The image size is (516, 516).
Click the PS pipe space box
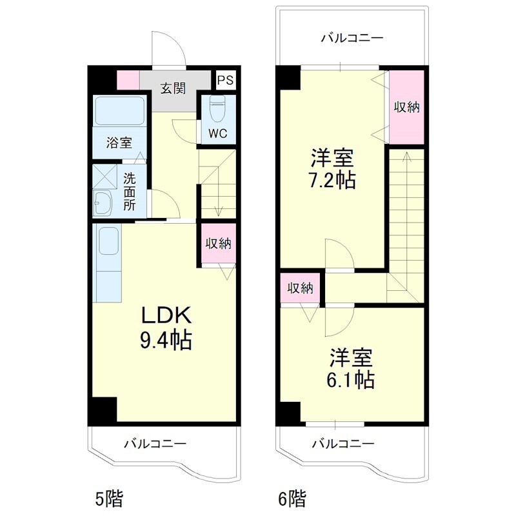point(226,80)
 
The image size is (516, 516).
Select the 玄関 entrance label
point(173,88)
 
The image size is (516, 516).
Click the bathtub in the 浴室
point(120,110)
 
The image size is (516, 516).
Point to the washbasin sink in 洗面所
point(103,203)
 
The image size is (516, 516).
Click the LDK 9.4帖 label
point(166,328)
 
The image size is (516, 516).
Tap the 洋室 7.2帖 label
point(332,168)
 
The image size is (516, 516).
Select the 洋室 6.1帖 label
point(351,368)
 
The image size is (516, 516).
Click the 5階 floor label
point(109,499)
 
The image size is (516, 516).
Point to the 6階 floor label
point(292,499)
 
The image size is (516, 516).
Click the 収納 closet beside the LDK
point(219,244)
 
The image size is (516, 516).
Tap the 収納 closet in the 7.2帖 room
point(407,107)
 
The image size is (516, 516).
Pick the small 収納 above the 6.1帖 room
point(300,288)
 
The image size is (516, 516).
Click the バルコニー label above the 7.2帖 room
point(352,38)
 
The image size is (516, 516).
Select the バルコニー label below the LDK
point(155,444)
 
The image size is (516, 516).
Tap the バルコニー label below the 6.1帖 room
point(343,444)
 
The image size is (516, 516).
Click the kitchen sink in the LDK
point(108,241)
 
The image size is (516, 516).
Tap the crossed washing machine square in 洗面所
point(104,176)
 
